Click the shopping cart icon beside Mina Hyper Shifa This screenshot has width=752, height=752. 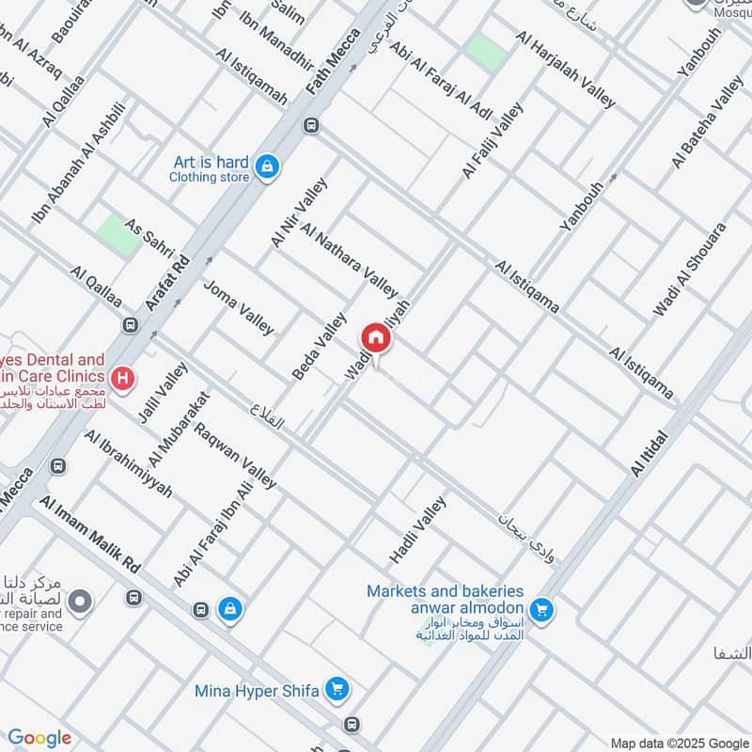click(337, 691)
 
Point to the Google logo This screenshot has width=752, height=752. click(39, 739)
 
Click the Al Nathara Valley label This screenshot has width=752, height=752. click(350, 258)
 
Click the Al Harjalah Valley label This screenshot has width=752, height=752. click(566, 70)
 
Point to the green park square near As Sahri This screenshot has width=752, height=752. click(117, 233)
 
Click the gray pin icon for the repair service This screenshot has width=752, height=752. click(80, 599)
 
